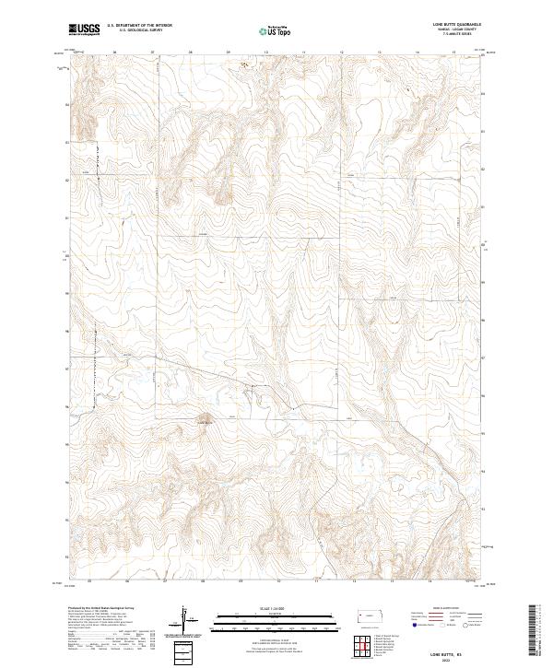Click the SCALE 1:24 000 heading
276,606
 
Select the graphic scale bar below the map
276,616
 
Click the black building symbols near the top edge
244,64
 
